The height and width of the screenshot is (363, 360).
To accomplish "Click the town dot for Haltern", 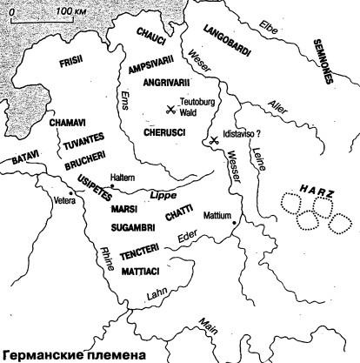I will (x=112, y=184).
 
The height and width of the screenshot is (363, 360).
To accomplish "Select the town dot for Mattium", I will (x=234, y=223).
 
